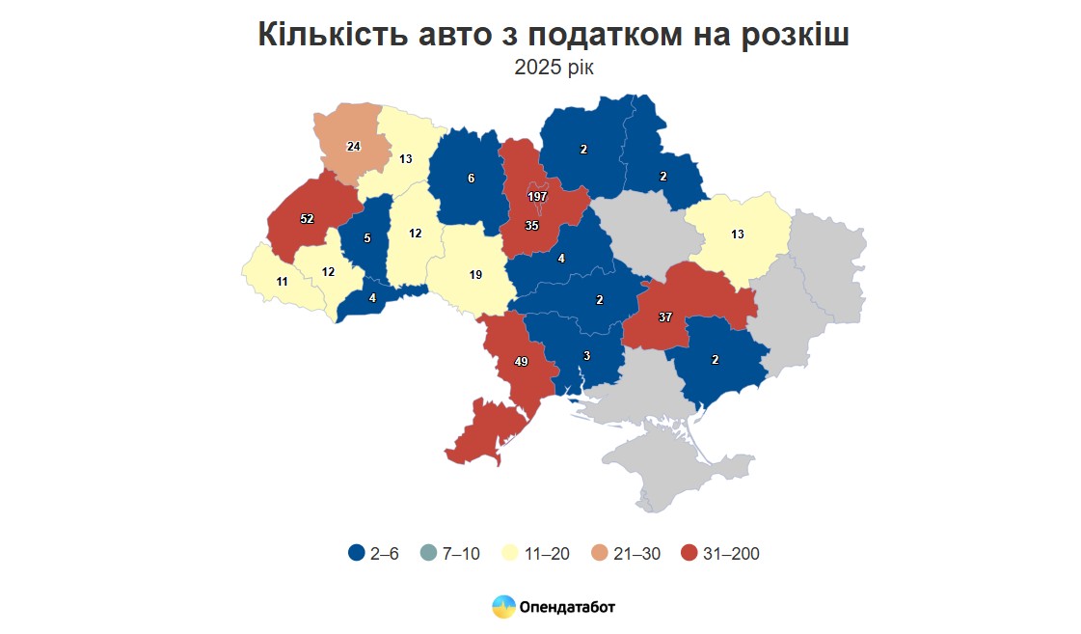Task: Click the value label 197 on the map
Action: click(537, 197)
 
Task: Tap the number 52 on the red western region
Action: click(307, 219)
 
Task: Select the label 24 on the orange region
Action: click(353, 147)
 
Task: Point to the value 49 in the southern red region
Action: click(521, 362)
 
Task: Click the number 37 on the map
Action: click(665, 317)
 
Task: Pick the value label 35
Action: click(530, 226)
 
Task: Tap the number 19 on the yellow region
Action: click(475, 275)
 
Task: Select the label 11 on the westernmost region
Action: click(282, 282)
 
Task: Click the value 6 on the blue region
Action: click(471, 179)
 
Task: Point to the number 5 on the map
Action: click(366, 236)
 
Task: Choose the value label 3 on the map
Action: click(585, 356)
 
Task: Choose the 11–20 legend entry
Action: click(536, 554)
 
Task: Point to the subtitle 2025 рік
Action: click(554, 68)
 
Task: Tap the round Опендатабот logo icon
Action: click(503, 607)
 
